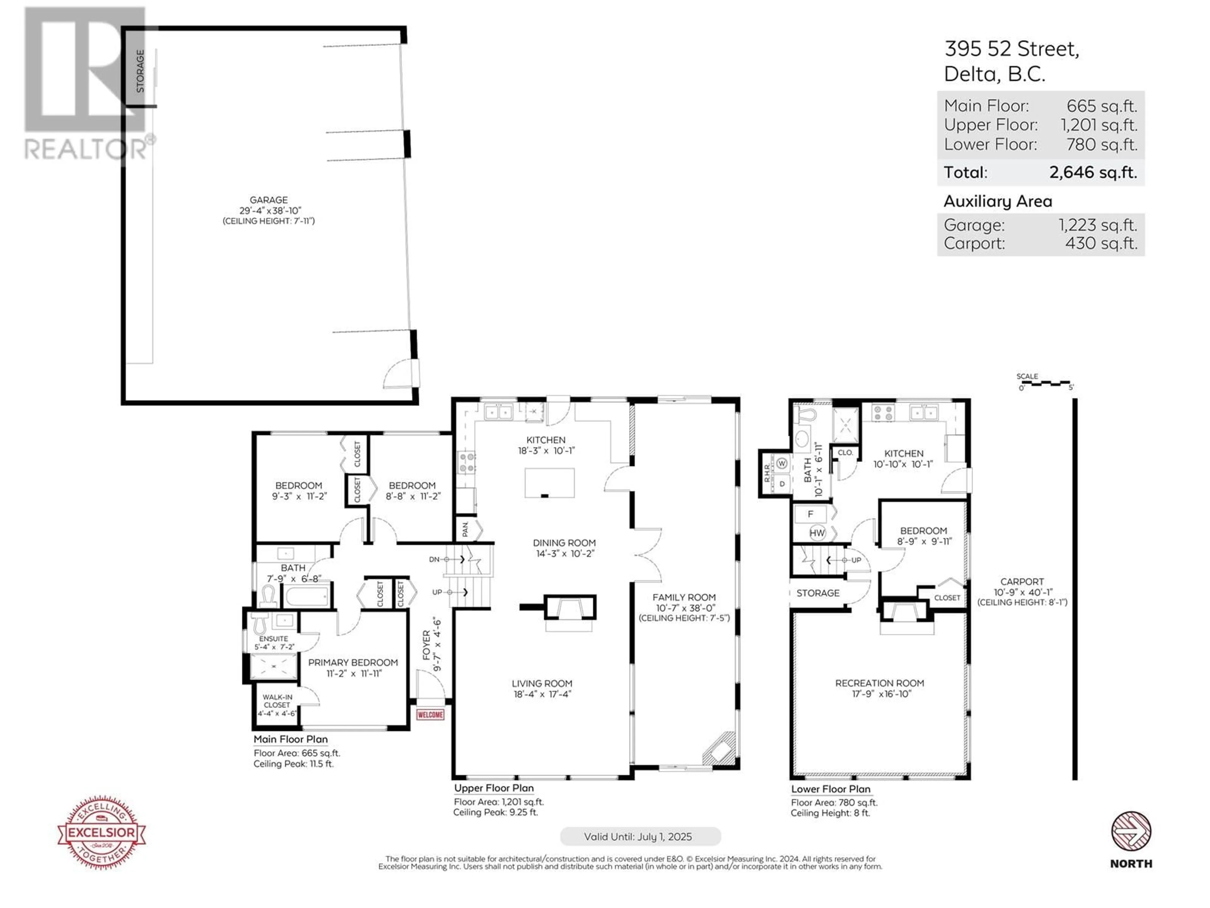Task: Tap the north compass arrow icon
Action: pos(1131,831)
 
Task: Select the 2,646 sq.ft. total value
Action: pos(1093,172)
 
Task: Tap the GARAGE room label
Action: pos(268,200)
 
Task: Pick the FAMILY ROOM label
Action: pos(684,597)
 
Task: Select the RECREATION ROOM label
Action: pos(879,683)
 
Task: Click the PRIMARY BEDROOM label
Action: pos(353,662)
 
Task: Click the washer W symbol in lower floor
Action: pos(782,463)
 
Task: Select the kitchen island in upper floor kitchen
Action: pos(549,483)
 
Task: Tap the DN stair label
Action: pos(434,559)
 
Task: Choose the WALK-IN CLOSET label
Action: pos(277,701)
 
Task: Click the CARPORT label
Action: pos(1022,582)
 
